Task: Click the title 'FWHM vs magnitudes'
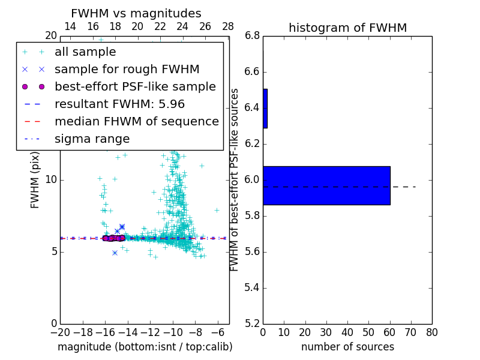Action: [x=136, y=13]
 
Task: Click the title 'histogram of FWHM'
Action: [x=347, y=28]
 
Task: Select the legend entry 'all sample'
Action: [x=85, y=52]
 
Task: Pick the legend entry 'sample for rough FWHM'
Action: [x=127, y=70]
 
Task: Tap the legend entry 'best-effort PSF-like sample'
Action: [x=135, y=86]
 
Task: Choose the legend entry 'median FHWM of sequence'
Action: [x=136, y=121]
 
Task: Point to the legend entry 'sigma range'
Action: [x=92, y=139]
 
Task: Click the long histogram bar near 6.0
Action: [x=326, y=185]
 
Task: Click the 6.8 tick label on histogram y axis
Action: [x=253, y=35]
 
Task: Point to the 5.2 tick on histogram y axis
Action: [x=253, y=323]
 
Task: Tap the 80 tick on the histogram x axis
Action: [x=432, y=332]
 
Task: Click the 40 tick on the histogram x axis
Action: [x=347, y=332]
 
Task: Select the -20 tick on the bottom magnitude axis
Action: [x=60, y=332]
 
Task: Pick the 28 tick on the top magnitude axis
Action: [x=228, y=27]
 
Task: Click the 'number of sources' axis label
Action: [x=347, y=347]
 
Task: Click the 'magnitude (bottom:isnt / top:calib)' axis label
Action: [x=145, y=347]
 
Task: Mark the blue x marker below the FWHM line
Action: [x=115, y=253]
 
